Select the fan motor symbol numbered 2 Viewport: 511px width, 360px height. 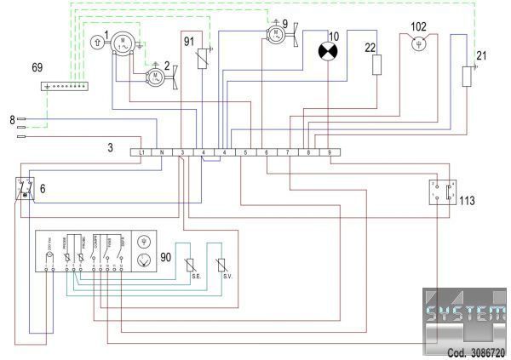tap(156, 78)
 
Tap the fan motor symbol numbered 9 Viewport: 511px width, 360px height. tap(275, 35)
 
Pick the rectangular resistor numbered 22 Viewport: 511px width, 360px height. tap(376, 65)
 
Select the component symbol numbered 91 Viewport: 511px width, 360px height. tap(202, 59)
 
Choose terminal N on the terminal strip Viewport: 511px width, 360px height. tap(162, 151)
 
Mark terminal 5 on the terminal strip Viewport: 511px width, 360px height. tap(245, 151)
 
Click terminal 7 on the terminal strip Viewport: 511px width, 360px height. tap(287, 151)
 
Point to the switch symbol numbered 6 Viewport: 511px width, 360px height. tap(25, 189)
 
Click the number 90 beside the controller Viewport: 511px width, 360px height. tap(167, 256)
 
